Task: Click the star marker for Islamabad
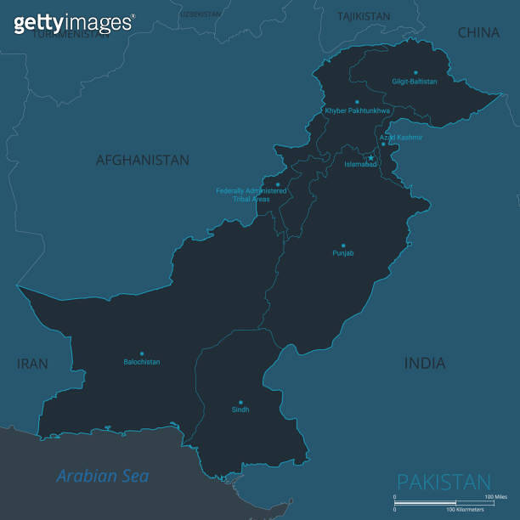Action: click(370, 157)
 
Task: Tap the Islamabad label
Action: click(360, 164)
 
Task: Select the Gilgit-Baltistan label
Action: click(415, 82)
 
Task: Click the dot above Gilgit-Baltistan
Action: click(415, 72)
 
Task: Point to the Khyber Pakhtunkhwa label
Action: click(358, 110)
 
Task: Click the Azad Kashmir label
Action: click(400, 137)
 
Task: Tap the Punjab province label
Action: click(343, 253)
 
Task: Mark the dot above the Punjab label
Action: click(343, 245)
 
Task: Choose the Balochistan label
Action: click(142, 362)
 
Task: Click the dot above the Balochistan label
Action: click(142, 353)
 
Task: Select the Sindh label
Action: click(240, 410)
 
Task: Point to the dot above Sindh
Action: click(240, 402)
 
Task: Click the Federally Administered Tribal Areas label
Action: click(252, 195)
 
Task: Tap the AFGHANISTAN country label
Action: click(143, 160)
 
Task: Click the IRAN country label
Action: click(32, 364)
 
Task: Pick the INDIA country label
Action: click(425, 364)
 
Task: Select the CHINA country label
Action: click(479, 33)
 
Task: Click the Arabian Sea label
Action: click(103, 476)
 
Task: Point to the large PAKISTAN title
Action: click(444, 482)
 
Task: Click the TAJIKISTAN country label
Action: click(364, 16)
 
